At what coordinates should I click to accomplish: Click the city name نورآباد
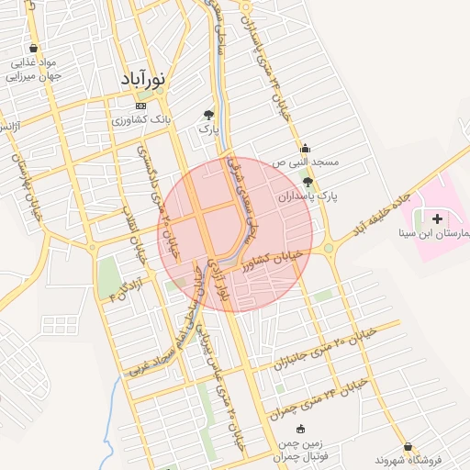[142, 80]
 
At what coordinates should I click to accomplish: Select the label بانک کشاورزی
[140, 119]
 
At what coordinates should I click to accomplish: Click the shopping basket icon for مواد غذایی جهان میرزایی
[34, 48]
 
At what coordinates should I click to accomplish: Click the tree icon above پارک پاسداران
[308, 182]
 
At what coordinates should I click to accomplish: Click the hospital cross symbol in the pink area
[436, 218]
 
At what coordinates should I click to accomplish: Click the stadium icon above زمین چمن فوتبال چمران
[301, 429]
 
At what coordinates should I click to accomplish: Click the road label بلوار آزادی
[218, 279]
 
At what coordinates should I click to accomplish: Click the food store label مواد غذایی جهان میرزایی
[34, 70]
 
